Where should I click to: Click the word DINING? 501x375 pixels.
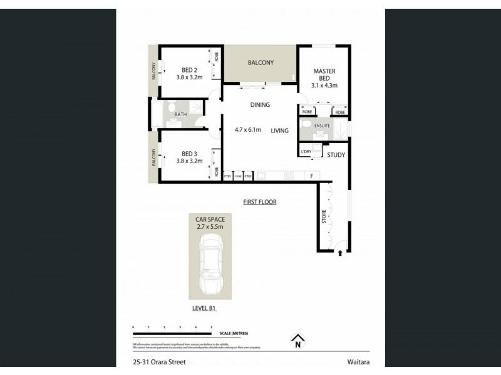point(260,106)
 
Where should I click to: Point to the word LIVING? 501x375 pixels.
point(280,131)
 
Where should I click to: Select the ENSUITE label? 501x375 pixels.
point(323,125)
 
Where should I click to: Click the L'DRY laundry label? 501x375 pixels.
point(306,152)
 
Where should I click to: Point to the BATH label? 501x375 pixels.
point(180,114)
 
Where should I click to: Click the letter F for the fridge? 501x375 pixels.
point(311,176)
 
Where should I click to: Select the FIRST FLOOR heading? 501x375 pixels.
point(260,202)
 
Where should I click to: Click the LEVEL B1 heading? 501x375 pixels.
point(204,309)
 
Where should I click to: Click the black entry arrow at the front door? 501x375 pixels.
point(340,253)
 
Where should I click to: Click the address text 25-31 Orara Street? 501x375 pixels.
point(159,362)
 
